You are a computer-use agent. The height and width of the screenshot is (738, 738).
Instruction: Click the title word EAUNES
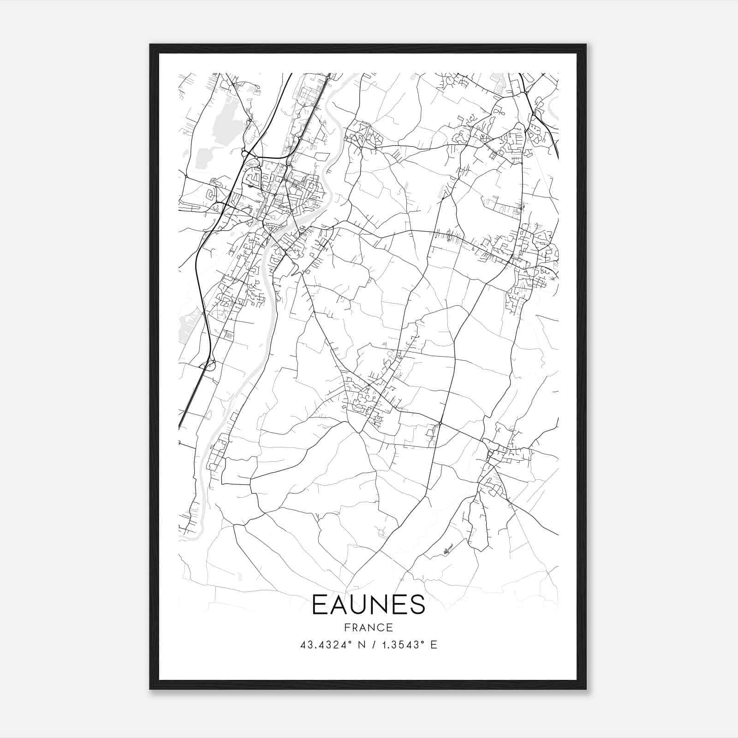coord(368,605)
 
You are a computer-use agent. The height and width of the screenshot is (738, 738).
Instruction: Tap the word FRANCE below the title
coord(368,627)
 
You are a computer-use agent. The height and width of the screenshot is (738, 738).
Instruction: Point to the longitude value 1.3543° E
coord(407,645)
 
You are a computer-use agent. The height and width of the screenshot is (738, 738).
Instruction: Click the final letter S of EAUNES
coord(417,605)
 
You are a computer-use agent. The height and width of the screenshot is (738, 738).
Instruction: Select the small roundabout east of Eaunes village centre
coord(440,423)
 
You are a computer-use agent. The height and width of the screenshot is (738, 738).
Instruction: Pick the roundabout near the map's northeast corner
coord(526,94)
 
